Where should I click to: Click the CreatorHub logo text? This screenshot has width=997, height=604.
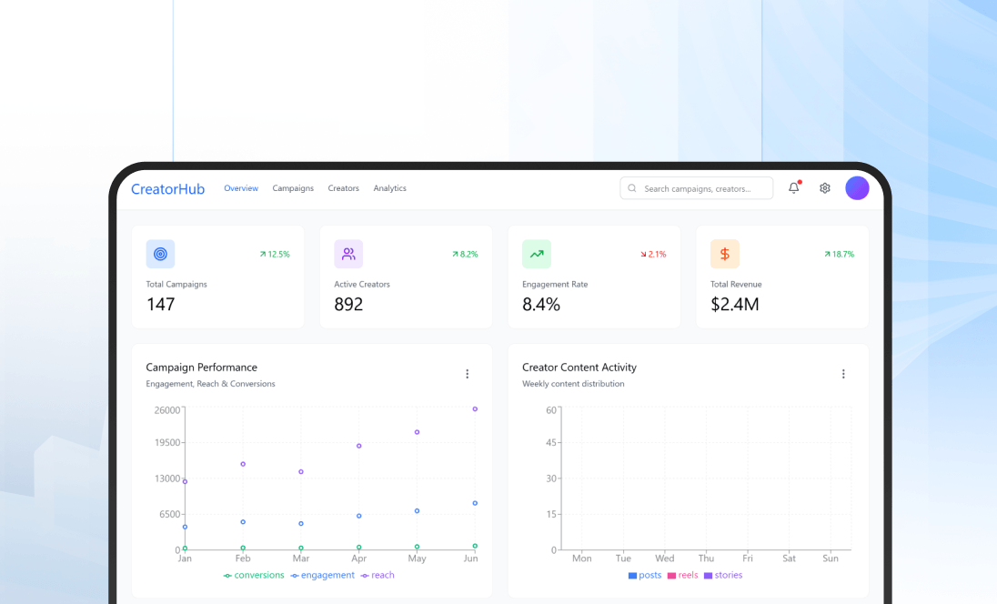[168, 189]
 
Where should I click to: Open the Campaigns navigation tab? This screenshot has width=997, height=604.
[293, 188]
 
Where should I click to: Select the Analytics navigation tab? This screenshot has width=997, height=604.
[389, 188]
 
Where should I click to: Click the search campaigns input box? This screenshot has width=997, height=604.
[697, 188]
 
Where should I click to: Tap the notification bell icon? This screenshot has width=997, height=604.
[793, 188]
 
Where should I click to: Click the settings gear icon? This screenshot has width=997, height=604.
[825, 188]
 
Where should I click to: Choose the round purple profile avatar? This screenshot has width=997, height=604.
[857, 188]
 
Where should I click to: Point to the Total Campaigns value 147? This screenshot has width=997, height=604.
[161, 304]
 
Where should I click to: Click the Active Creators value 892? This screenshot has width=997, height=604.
[348, 304]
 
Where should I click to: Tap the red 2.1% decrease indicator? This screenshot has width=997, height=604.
[653, 255]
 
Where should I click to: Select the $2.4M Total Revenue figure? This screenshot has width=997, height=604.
[735, 304]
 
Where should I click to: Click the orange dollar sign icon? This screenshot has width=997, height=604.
[725, 254]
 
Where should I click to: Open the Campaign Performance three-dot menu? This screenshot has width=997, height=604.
[468, 374]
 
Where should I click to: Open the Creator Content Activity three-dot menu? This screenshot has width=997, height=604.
[843, 374]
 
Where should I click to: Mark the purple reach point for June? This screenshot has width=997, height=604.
[475, 409]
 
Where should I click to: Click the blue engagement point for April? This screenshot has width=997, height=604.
[359, 516]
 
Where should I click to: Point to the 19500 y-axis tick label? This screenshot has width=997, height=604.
[166, 443]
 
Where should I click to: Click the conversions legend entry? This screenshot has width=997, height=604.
[254, 575]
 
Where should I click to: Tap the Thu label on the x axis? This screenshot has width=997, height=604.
[706, 559]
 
